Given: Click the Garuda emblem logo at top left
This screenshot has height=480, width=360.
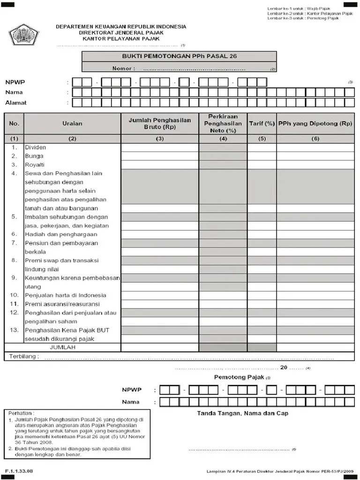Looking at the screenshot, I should [x=23, y=35].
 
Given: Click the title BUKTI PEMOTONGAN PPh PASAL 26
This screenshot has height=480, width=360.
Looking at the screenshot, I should [x=180, y=56].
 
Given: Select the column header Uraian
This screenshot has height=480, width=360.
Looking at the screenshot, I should [x=72, y=124].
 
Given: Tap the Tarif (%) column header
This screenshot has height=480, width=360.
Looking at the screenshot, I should [x=262, y=124].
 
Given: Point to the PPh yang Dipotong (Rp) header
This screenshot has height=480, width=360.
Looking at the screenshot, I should [x=315, y=124].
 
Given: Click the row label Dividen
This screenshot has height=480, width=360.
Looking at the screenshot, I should [x=36, y=147].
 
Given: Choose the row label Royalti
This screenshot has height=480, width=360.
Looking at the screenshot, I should [x=35, y=165].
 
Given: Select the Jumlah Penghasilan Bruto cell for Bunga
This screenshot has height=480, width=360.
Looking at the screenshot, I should [x=160, y=156].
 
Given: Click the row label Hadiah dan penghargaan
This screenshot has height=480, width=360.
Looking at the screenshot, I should [x=61, y=234].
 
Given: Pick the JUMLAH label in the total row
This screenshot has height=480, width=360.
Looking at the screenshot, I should [x=62, y=348].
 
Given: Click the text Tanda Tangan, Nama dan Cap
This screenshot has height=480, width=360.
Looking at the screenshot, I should [x=242, y=413].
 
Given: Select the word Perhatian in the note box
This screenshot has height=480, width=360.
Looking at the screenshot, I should [x=22, y=413].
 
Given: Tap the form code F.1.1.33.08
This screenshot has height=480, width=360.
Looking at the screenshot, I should [x=19, y=471].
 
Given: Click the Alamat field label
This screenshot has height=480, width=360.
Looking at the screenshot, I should [x=16, y=103].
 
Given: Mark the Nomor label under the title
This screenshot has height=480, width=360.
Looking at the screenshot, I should [x=124, y=68].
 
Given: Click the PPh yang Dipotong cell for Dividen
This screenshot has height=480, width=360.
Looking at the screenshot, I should [x=315, y=147].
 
